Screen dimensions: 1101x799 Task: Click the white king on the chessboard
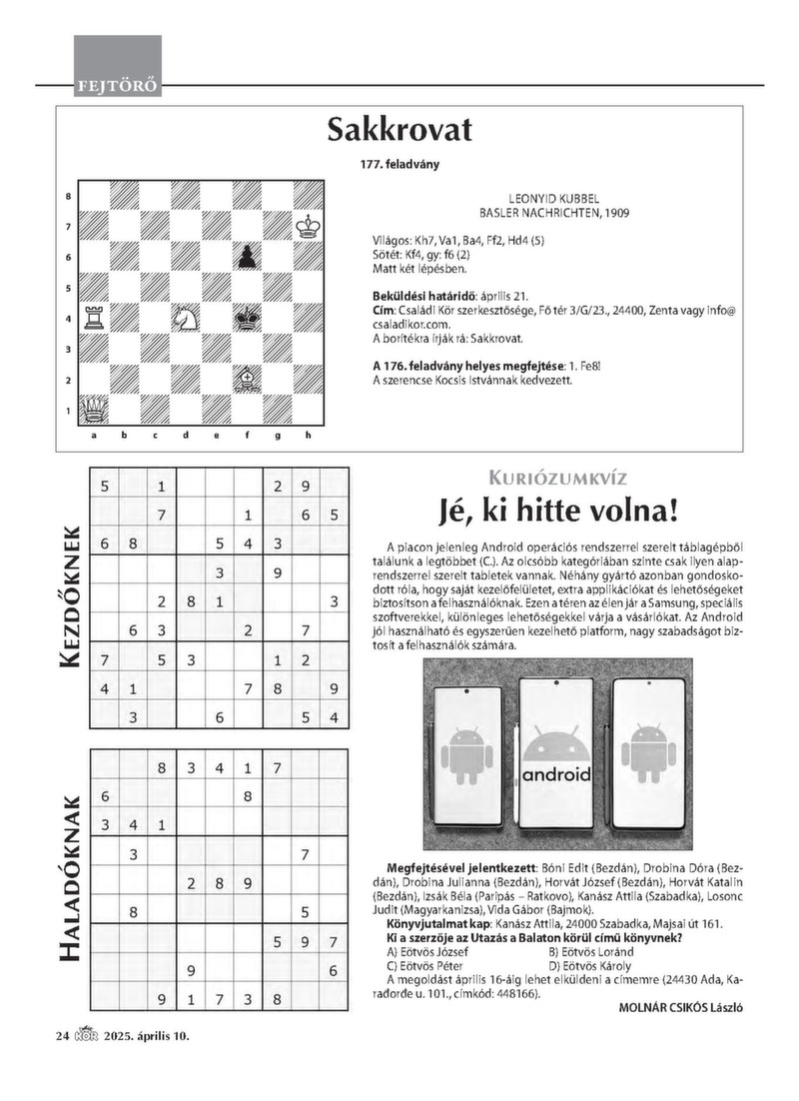(308, 227)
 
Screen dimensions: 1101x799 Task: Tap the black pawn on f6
(245, 258)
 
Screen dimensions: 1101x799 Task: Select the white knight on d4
(184, 318)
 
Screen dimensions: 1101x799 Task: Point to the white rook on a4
(93, 318)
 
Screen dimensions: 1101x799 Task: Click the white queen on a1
(93, 408)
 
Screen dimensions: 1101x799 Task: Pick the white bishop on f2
(245, 378)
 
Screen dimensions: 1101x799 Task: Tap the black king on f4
(245, 319)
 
